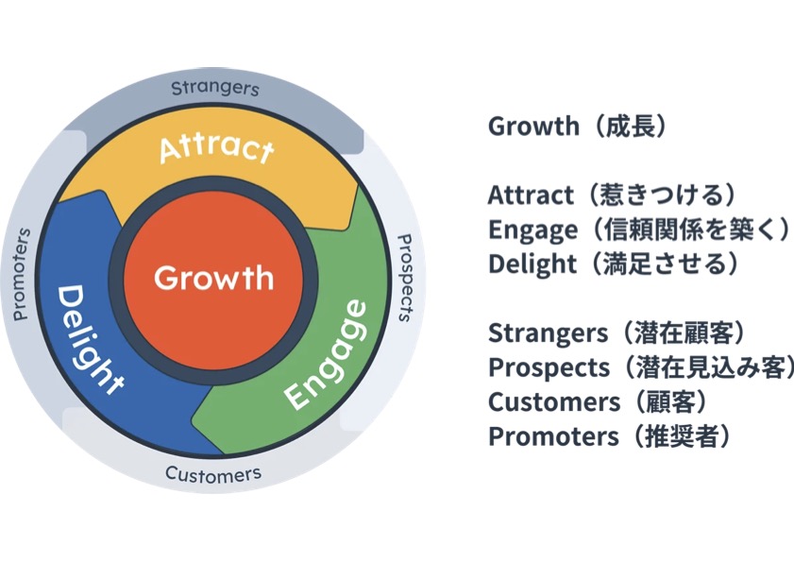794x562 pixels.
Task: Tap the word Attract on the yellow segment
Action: click(x=216, y=148)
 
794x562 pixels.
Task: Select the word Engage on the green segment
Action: click(x=326, y=353)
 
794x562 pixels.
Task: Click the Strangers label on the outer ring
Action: click(x=214, y=90)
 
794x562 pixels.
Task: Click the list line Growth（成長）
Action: click(x=577, y=126)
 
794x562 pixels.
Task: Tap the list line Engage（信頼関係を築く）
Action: click(x=638, y=230)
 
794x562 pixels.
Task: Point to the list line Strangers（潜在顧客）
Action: click(x=617, y=332)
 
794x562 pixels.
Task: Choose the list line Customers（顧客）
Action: click(x=598, y=401)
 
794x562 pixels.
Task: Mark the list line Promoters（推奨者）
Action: click(x=610, y=436)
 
